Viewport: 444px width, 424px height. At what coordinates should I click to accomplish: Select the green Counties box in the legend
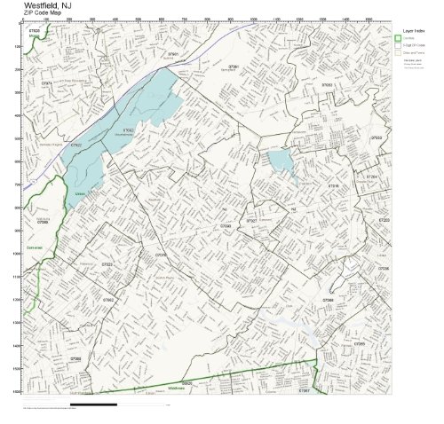tap(399, 38)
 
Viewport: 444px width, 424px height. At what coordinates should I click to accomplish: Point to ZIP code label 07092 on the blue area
tap(128, 130)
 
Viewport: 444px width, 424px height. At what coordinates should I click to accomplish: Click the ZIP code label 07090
tap(225, 226)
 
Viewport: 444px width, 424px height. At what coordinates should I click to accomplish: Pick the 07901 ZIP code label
tap(173, 54)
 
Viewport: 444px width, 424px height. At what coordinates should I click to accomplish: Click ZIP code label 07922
tap(76, 144)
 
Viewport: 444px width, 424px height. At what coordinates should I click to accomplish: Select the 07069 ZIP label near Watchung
tap(43, 222)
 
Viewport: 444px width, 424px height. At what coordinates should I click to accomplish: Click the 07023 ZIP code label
tap(107, 264)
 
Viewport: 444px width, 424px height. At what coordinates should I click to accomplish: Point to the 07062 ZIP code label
tap(107, 300)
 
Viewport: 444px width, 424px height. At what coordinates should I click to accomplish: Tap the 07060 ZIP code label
tap(75, 358)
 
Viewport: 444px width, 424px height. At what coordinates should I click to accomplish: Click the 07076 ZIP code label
tap(161, 255)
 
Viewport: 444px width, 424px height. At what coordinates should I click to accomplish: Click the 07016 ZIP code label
tap(333, 185)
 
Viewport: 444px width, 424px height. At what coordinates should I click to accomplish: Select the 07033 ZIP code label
tap(376, 138)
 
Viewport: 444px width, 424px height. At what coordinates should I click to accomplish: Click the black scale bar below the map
tap(93, 404)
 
